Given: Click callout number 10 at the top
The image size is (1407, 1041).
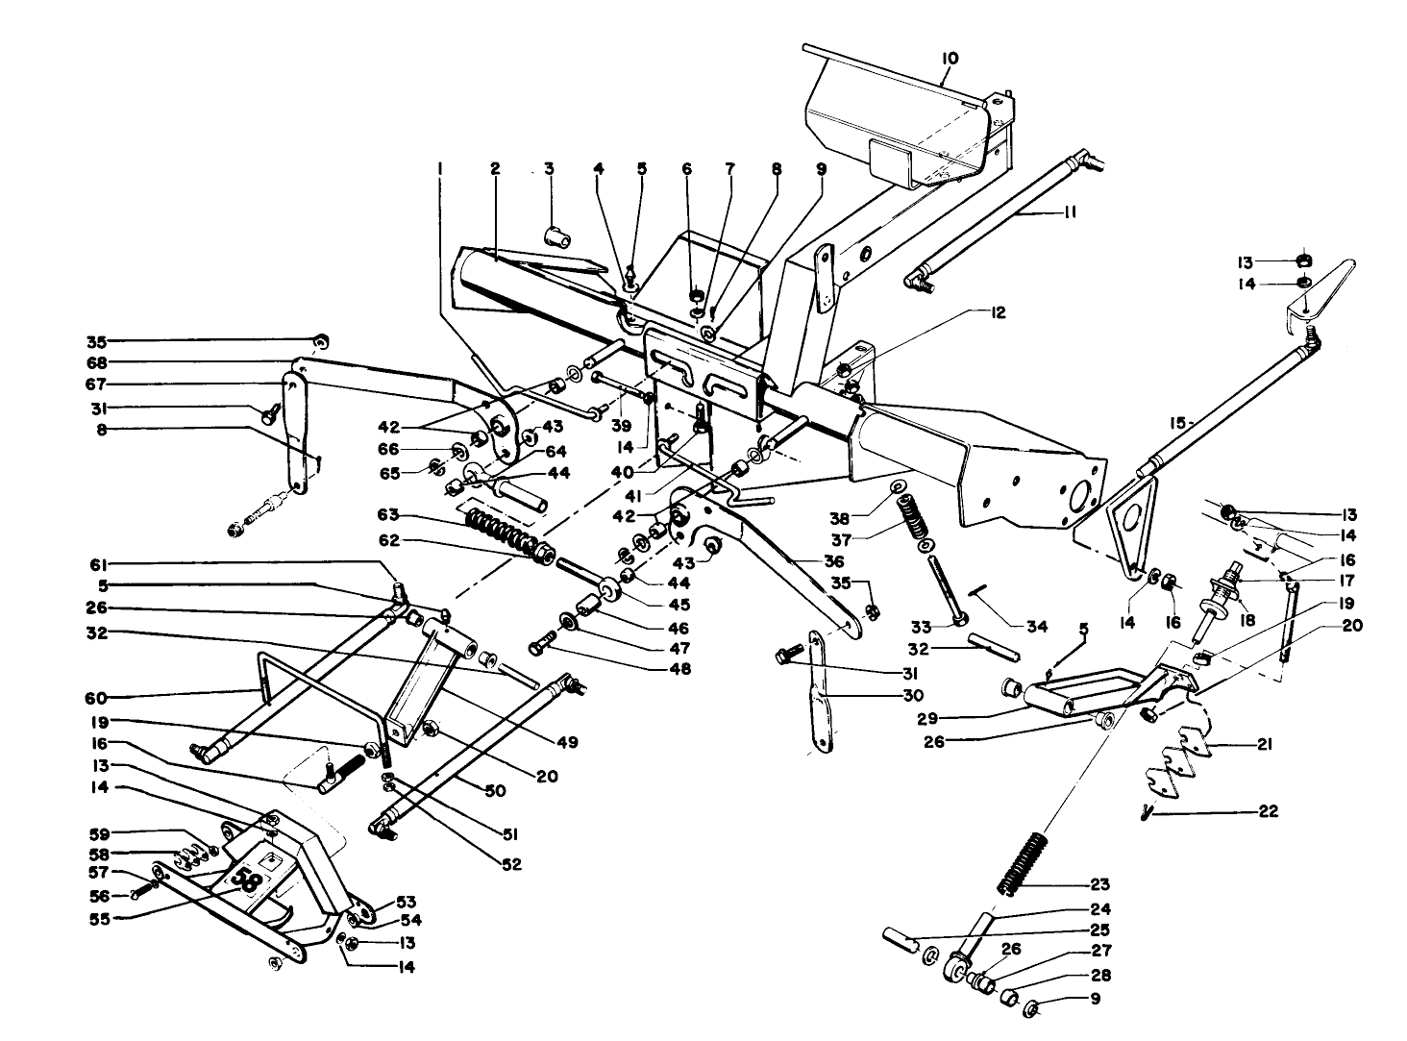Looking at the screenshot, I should pyautogui.click(x=950, y=59).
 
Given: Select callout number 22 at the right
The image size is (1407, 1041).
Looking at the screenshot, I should pyautogui.click(x=1268, y=811).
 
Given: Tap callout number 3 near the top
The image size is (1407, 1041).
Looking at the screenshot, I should pyautogui.click(x=549, y=169).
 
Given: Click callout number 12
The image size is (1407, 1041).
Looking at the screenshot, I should pyautogui.click(x=999, y=313).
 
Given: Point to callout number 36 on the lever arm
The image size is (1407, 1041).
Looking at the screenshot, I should pyautogui.click(x=834, y=560).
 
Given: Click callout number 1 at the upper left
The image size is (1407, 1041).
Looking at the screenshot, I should pyautogui.click(x=439, y=169).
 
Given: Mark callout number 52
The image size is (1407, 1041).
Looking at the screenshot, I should pyautogui.click(x=510, y=864).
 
